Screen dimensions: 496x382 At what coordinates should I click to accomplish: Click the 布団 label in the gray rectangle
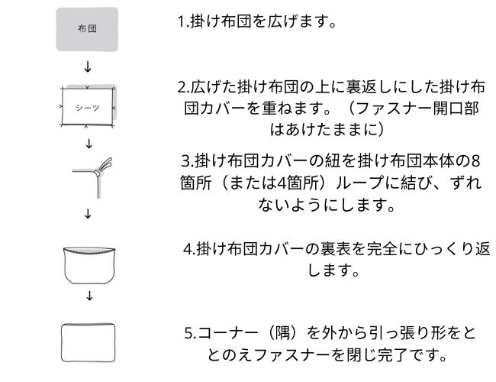point(87,29)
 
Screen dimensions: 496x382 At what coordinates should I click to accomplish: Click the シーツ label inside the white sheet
point(88,108)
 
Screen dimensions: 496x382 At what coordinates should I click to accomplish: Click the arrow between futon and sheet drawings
point(88,66)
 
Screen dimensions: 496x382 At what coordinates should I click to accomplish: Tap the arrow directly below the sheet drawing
point(89,144)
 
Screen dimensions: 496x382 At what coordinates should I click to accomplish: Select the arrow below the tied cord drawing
point(89,214)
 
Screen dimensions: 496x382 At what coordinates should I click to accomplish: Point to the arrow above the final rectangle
point(89,296)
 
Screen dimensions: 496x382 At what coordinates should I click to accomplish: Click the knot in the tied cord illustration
point(98,173)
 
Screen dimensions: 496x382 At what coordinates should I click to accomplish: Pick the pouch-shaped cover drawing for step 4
point(89,265)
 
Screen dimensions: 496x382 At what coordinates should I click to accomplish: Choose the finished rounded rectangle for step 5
point(88,342)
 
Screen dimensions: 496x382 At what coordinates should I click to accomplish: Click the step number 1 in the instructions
point(181,22)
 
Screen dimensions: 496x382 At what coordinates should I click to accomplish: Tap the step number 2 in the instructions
point(182,87)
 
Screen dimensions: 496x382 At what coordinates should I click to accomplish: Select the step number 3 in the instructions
point(185,161)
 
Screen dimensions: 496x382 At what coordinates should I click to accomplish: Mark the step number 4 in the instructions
point(188,249)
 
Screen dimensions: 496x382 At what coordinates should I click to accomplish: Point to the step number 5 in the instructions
point(188,333)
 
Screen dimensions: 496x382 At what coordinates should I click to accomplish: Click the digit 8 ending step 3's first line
point(475,161)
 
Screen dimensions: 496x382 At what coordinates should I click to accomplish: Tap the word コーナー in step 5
point(228,333)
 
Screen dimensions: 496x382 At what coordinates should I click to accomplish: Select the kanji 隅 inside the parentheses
point(282,333)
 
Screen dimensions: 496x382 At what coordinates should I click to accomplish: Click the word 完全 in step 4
point(382,249)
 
